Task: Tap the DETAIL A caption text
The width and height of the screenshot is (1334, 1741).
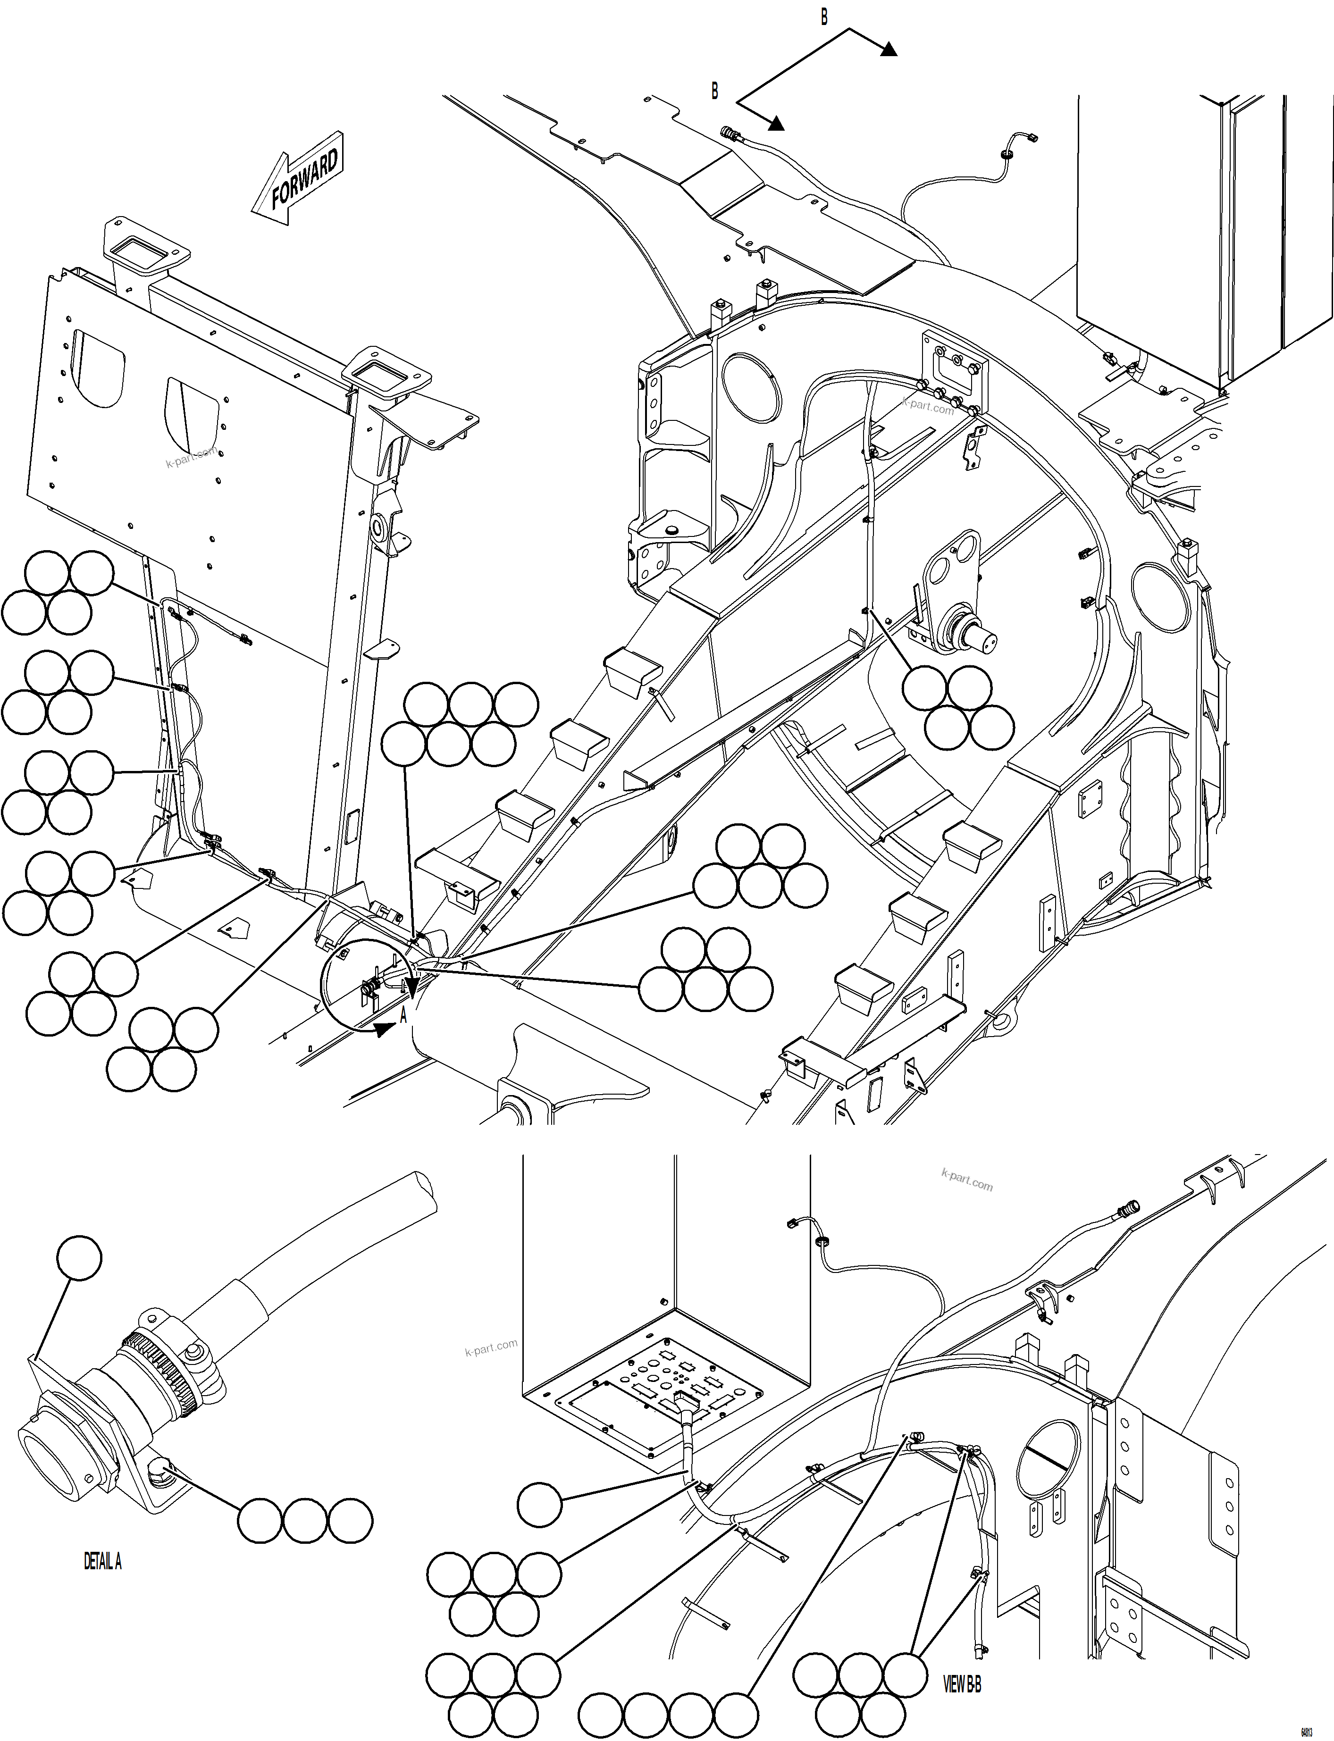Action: click(102, 1562)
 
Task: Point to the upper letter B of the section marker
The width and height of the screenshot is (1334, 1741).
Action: click(823, 17)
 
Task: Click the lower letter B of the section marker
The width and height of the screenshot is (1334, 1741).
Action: click(714, 92)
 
